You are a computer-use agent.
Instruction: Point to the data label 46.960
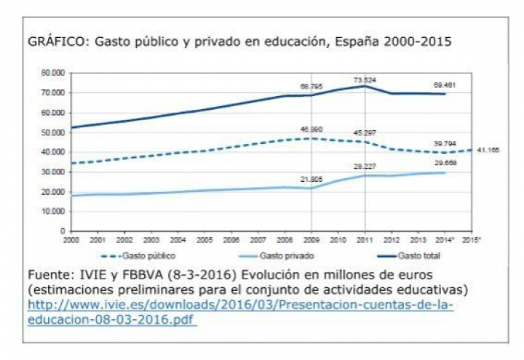coord(311,129)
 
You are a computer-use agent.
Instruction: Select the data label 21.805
coord(311,179)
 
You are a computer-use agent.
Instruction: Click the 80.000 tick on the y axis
coord(54,73)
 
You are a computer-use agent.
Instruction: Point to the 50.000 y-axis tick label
coord(54,132)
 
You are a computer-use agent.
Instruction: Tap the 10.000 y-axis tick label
coord(54,212)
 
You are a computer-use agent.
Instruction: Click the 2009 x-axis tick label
coord(311,239)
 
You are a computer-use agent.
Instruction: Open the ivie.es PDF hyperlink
coord(240,312)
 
